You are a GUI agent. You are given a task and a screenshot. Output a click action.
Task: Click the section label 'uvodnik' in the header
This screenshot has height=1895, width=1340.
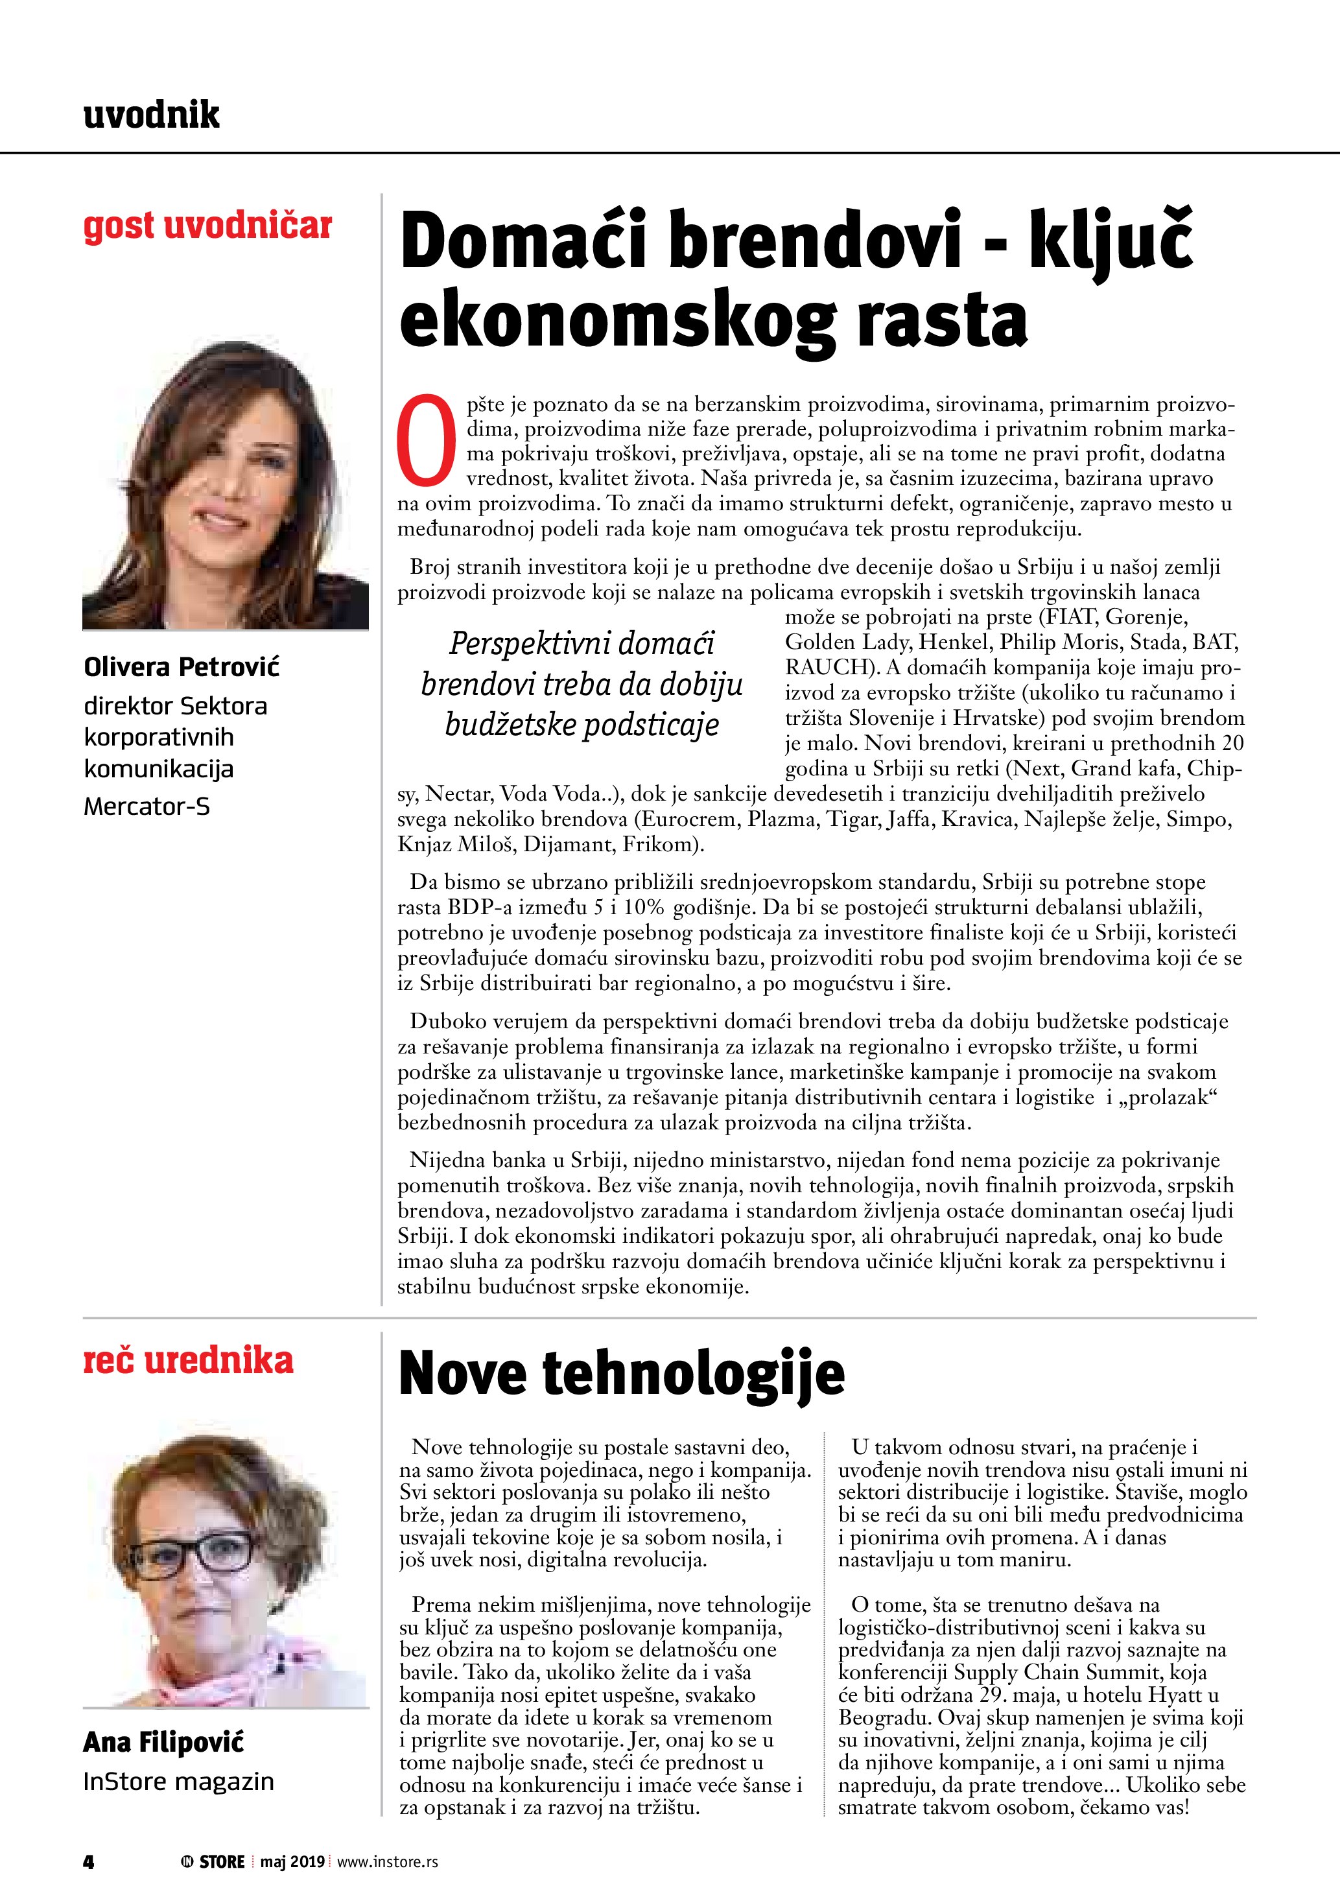(x=152, y=115)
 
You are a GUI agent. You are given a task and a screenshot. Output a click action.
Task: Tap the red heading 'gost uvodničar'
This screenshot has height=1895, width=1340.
(x=207, y=226)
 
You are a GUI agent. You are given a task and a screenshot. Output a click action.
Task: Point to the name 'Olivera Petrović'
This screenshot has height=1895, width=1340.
(x=182, y=667)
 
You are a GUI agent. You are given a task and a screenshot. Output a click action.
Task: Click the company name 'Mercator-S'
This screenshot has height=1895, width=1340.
(x=147, y=806)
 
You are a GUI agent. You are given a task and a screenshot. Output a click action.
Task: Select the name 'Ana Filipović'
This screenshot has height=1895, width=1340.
(x=163, y=1742)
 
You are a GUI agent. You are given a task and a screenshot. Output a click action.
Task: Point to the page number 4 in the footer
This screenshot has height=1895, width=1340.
(x=89, y=1861)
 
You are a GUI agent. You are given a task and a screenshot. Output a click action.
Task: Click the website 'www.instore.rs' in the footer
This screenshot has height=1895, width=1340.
(x=388, y=1861)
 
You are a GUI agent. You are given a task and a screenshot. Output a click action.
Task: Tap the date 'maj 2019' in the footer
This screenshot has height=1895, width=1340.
(x=292, y=1861)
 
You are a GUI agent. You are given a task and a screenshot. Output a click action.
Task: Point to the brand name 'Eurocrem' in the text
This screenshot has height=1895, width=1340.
(x=687, y=819)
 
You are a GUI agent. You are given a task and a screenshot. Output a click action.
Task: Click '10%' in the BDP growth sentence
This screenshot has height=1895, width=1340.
(x=644, y=908)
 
